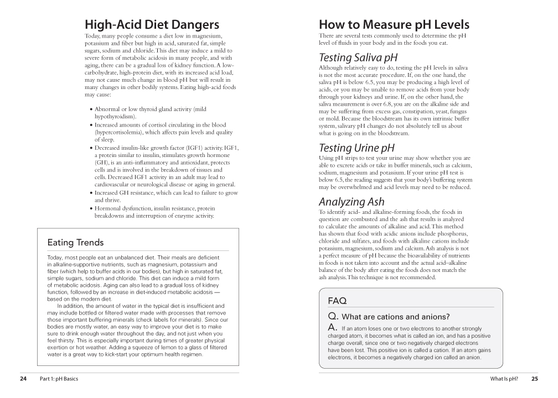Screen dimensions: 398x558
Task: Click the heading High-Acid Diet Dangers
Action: tap(152, 25)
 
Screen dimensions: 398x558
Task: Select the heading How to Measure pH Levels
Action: tap(394, 25)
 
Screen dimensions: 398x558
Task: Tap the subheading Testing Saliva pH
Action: tap(358, 58)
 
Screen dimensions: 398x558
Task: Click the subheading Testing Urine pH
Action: tap(356, 148)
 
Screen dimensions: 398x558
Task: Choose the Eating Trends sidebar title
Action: tap(75, 242)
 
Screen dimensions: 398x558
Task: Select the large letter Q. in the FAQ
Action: tap(333, 316)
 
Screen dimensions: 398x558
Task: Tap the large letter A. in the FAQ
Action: tap(333, 328)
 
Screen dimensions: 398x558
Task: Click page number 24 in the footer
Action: tap(23, 379)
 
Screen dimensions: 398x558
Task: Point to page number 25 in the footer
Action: tap(534, 379)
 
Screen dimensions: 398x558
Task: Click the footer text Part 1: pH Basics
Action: tap(59, 379)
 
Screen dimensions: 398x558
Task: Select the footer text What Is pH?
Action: tap(504, 379)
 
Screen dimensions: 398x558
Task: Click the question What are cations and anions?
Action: tap(396, 317)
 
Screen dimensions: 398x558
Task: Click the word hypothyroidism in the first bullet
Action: tap(115, 117)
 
